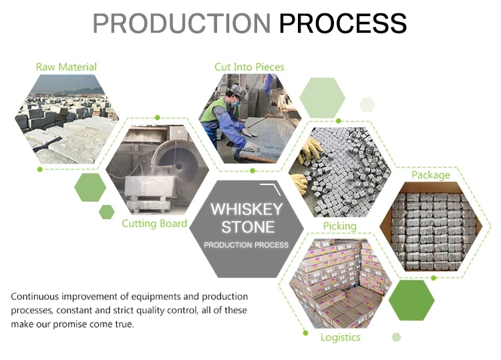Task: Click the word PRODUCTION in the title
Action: tap(181, 23)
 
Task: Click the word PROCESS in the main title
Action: tap(343, 23)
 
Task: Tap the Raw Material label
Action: tap(66, 67)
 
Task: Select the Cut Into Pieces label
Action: tap(249, 67)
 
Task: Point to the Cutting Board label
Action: tap(154, 223)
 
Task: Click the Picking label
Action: tap(339, 226)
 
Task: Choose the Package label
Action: tap(430, 175)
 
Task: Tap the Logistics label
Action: tap(340, 337)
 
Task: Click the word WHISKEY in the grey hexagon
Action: tap(246, 209)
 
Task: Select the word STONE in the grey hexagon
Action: tap(248, 227)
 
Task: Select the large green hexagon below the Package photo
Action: tap(411, 300)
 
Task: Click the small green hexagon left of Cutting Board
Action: tap(107, 212)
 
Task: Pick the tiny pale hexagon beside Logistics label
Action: tap(397, 337)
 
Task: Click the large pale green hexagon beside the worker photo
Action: tap(322, 98)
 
